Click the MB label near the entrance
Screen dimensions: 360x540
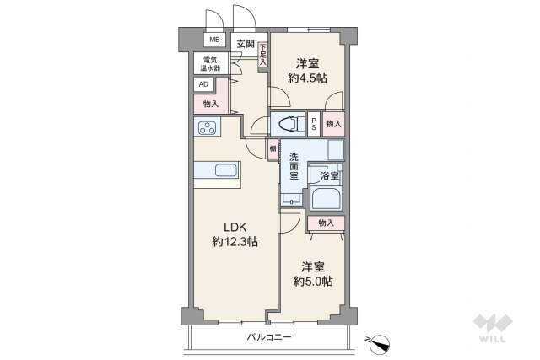(x=213, y=40)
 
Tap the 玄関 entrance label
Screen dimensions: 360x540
(x=245, y=44)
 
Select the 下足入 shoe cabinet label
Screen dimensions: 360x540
(x=262, y=55)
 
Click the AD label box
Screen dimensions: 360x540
(x=203, y=84)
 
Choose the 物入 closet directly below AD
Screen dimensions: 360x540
(x=211, y=104)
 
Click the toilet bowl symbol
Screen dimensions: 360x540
(x=289, y=123)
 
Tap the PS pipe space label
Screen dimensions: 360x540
(x=314, y=123)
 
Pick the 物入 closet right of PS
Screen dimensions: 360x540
(x=333, y=123)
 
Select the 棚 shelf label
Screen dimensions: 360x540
(x=273, y=149)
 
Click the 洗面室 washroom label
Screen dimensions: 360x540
(x=294, y=167)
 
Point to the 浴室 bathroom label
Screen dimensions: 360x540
(x=329, y=175)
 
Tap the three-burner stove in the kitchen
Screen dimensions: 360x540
(x=207, y=128)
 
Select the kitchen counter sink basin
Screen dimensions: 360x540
(x=225, y=170)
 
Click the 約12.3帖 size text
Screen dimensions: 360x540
(x=235, y=242)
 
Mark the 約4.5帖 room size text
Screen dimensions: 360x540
(x=307, y=78)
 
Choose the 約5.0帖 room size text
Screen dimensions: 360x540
(x=313, y=281)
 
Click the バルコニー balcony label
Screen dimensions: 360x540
(x=268, y=337)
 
